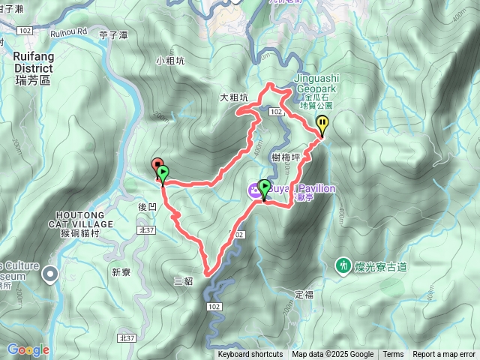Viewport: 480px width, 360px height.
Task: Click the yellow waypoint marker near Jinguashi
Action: [322, 124]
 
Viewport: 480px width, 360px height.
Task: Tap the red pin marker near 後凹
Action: [157, 165]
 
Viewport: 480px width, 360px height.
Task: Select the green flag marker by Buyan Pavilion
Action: [264, 188]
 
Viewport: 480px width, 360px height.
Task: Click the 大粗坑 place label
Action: [233, 97]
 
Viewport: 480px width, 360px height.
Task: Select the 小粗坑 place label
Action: [169, 61]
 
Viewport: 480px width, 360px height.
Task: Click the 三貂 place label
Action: [184, 281]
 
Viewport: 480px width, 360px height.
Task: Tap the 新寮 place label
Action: [121, 271]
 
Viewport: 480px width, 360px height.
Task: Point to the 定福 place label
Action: [304, 294]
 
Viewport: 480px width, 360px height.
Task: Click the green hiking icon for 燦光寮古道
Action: [343, 265]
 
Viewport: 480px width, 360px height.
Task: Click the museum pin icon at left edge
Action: [50, 274]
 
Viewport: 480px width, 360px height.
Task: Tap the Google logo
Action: [27, 349]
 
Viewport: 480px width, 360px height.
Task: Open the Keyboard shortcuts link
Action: [250, 355]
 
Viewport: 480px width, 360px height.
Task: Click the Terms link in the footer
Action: [393, 355]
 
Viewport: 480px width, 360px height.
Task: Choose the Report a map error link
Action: [444, 355]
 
